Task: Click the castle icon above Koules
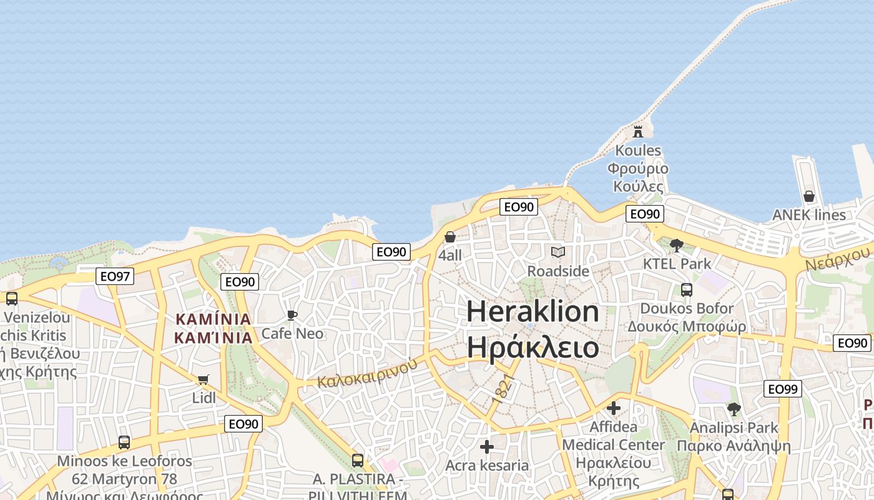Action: [638, 131]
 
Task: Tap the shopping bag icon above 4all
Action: [449, 237]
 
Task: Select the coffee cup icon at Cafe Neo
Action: [292, 315]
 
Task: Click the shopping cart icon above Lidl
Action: [203, 379]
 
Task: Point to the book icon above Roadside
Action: [558, 252]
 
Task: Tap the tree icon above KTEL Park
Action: [677, 245]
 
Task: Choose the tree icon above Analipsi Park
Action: [734, 409]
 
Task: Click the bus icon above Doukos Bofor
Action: [687, 290]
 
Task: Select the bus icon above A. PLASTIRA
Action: [358, 461]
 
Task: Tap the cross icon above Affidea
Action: [614, 408]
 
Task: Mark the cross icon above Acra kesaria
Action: [487, 447]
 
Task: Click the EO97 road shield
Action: [115, 276]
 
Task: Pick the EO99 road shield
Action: [782, 389]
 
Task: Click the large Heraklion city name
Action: [533, 311]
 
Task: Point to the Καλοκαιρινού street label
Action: [366, 373]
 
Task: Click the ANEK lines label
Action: [809, 215]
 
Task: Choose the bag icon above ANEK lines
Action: [809, 196]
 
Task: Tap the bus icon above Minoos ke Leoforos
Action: [124, 442]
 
